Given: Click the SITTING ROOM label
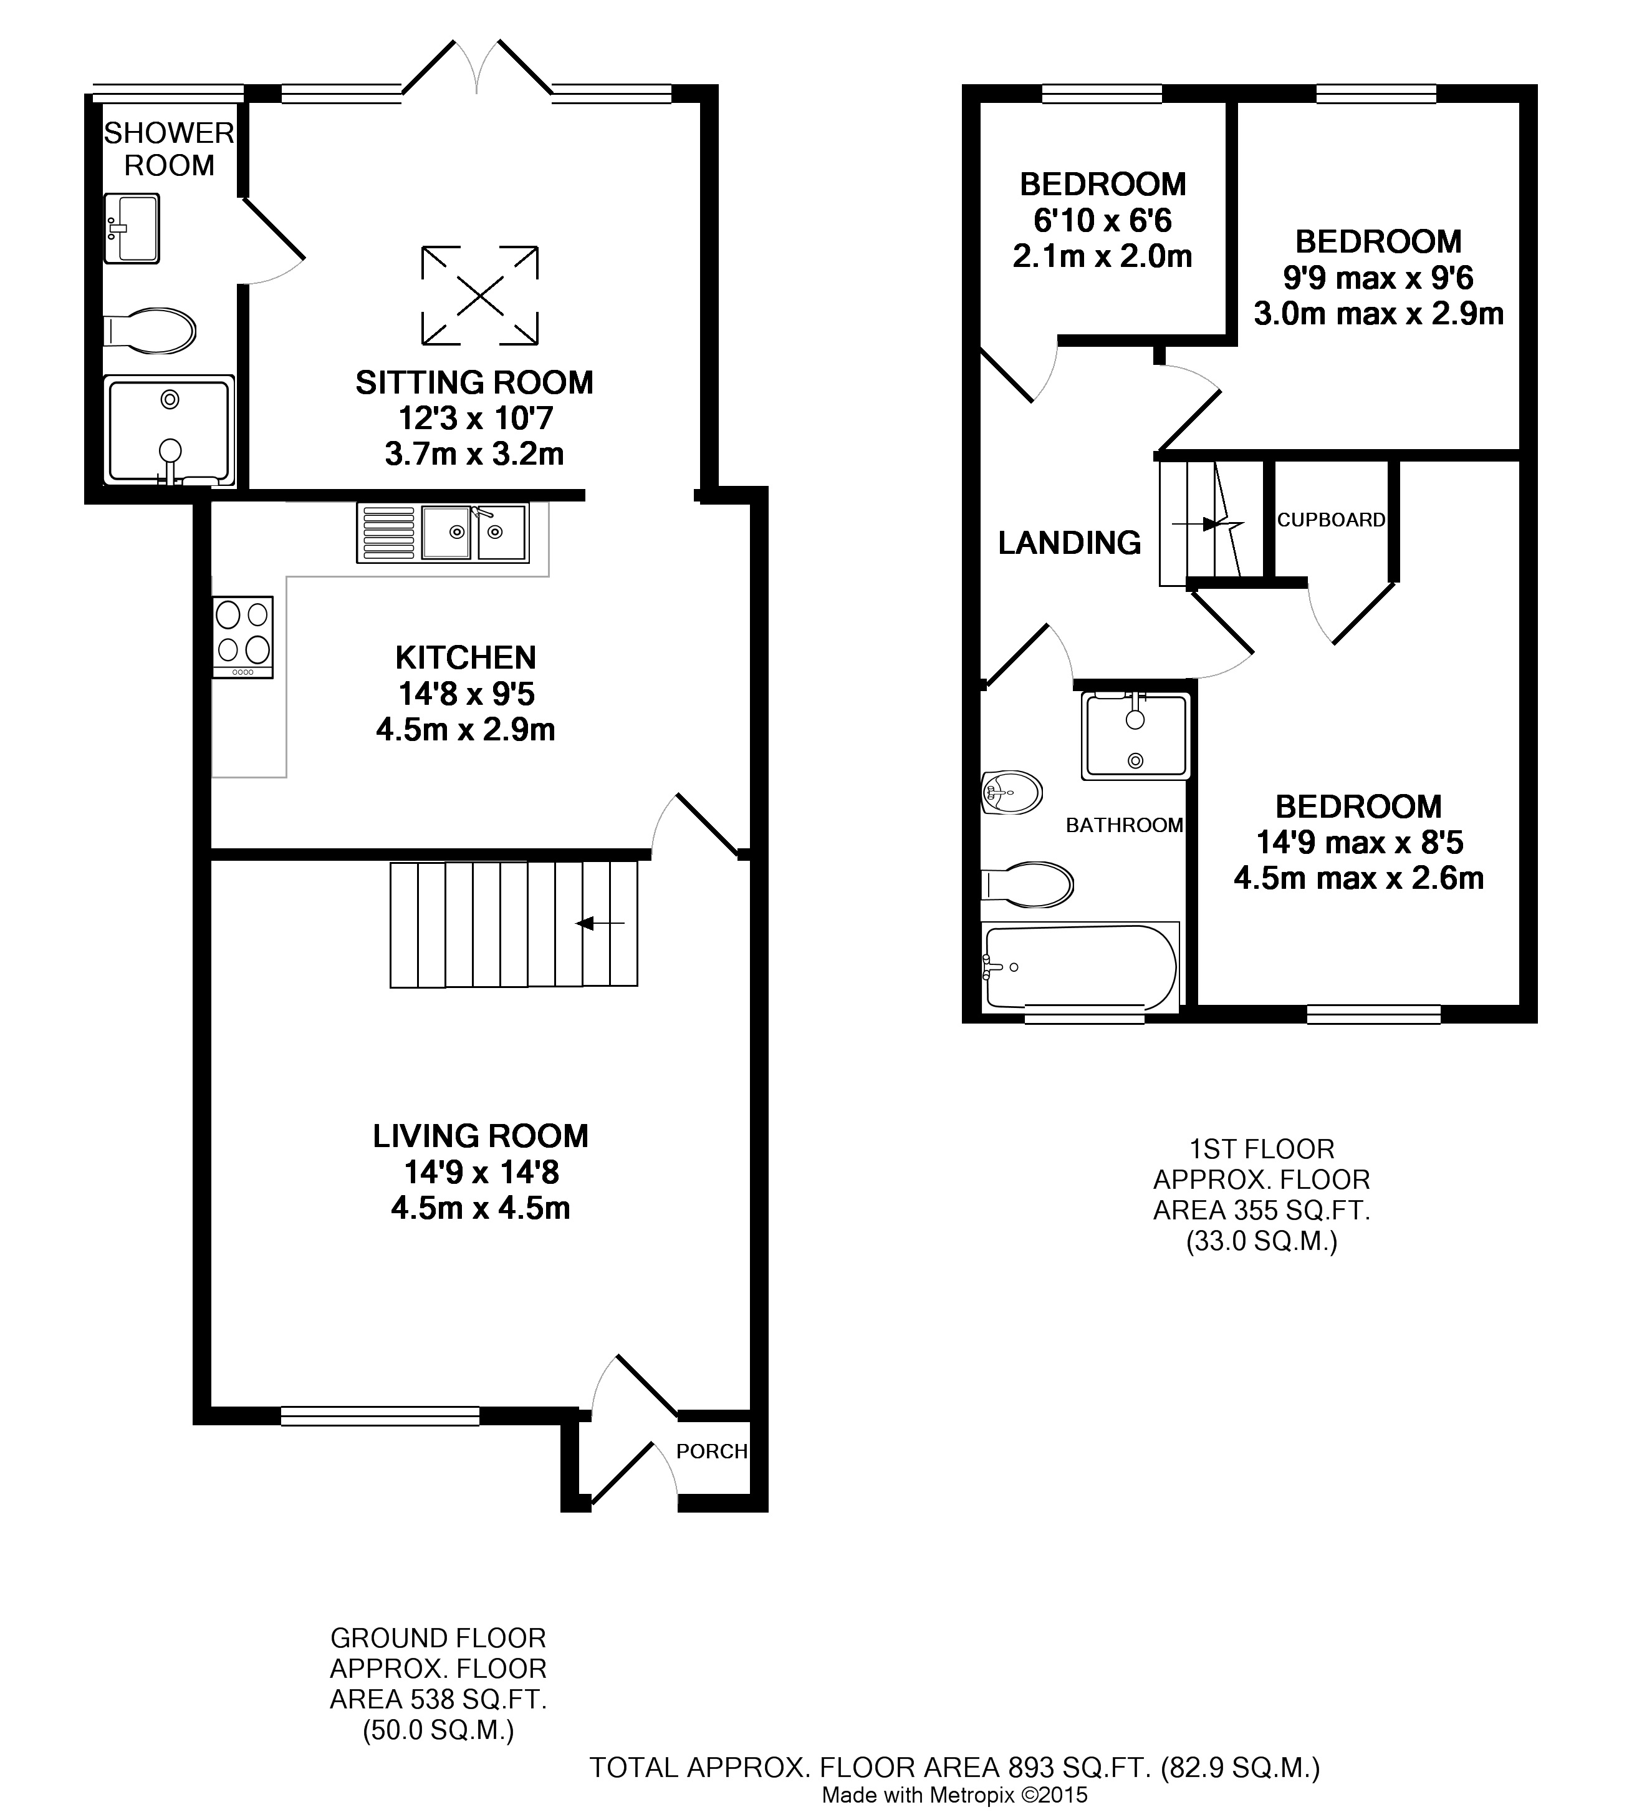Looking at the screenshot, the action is click(x=474, y=383).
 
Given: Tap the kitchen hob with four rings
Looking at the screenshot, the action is click(x=242, y=636).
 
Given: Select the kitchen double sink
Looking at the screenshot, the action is click(x=443, y=532).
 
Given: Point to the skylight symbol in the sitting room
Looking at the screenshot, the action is click(x=481, y=296).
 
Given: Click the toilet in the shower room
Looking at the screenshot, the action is click(x=149, y=331).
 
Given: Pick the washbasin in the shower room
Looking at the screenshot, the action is click(x=131, y=228).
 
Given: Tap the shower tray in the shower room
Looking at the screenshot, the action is click(x=169, y=430).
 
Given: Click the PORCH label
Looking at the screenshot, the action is click(x=712, y=1451).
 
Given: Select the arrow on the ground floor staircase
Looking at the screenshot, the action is click(x=601, y=923).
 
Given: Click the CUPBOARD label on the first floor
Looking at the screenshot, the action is click(x=1331, y=520).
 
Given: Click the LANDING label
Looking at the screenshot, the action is click(x=1069, y=543).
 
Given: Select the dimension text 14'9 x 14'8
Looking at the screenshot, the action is click(x=482, y=1172).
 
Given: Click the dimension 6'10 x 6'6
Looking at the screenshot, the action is click(x=1103, y=220).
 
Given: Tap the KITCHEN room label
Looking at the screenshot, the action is click(x=466, y=658).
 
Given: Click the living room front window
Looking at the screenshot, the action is click(x=380, y=1417).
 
